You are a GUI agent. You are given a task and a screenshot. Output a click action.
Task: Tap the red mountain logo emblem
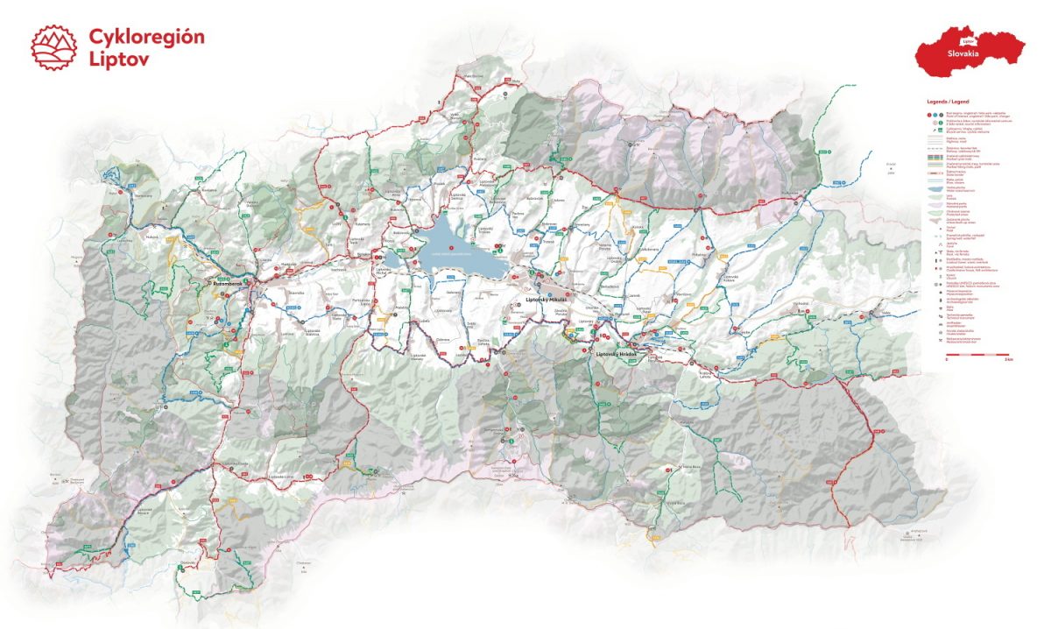(53, 46)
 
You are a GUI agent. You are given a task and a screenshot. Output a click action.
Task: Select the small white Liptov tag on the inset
(968, 40)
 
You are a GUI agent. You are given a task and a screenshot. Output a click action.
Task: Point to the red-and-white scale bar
(978, 354)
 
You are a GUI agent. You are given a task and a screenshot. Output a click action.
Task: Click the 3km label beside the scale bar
(1009, 360)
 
